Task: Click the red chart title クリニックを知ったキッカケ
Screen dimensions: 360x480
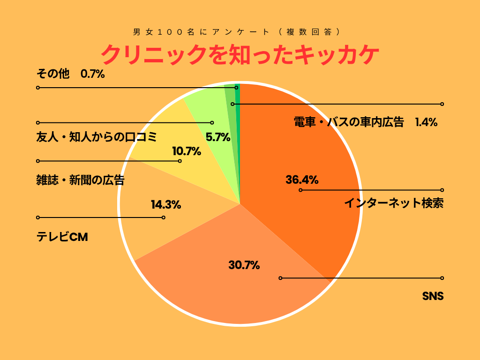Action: coord(240,55)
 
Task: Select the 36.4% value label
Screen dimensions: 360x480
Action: coord(302,180)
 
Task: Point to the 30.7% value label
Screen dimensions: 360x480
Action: coord(244,265)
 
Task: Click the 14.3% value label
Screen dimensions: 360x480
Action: coord(166,204)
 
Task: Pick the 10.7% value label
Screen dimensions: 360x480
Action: coord(187,151)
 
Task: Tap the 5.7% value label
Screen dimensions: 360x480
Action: coord(218,137)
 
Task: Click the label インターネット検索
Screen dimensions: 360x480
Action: coord(394,203)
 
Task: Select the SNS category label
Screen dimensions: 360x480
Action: coord(433,296)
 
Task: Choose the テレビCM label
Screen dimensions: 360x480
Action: coord(62,237)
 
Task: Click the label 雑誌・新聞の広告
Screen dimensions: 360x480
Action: coord(80,180)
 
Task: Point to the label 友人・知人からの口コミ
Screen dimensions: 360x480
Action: coord(96,137)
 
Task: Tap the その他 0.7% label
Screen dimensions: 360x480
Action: coord(70,74)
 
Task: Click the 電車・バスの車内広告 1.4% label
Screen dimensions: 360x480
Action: coord(365,122)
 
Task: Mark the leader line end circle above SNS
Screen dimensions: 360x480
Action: coord(442,278)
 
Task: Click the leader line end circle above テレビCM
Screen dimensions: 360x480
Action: coord(38,217)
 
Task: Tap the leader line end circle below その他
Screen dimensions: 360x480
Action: coord(38,88)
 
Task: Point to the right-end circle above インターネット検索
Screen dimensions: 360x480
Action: coord(442,190)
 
